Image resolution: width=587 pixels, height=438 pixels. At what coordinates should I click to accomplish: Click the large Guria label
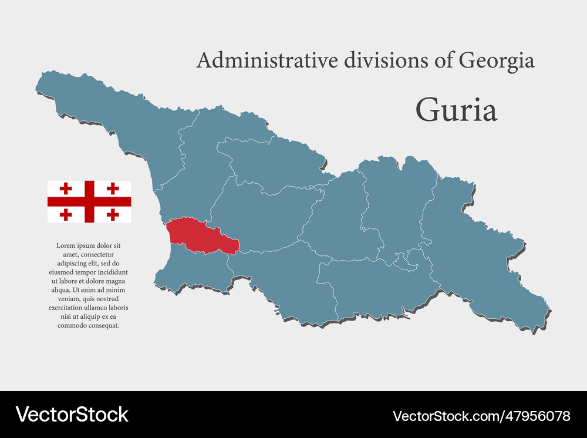pos(456,110)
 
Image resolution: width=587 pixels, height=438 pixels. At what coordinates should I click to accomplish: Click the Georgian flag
pos(89,201)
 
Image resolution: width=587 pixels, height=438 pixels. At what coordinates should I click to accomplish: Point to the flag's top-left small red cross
pos(66,188)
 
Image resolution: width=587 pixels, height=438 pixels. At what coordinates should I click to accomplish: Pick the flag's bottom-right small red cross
pos(113,214)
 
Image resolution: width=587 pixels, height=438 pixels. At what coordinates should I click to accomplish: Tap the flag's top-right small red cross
pos(113,188)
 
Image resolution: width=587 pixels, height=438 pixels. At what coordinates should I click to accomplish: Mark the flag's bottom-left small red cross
pos(66,214)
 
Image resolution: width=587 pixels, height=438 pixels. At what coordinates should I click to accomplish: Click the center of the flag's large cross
pos(89,201)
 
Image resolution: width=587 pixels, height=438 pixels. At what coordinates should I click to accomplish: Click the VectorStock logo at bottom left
pos(72,415)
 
